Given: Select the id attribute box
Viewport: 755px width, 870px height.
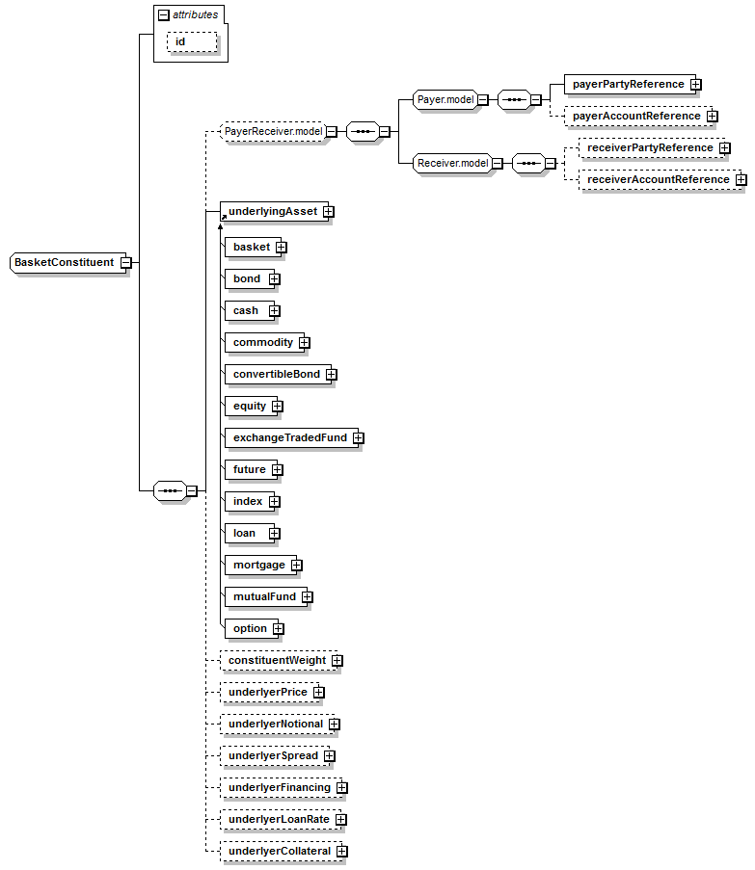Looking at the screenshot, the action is click(192, 42).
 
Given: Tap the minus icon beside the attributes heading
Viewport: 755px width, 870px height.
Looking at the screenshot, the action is click(163, 15).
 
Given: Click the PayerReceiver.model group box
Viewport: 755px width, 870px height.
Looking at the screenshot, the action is click(273, 131).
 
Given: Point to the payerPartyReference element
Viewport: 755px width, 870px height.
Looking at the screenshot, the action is click(630, 85).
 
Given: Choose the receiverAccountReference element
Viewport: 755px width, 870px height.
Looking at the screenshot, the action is click(660, 180).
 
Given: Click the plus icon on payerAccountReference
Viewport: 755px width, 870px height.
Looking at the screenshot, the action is click(713, 116).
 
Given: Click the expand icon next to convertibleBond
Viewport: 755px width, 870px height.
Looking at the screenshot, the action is click(332, 375).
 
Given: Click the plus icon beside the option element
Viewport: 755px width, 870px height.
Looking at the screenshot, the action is click(278, 628).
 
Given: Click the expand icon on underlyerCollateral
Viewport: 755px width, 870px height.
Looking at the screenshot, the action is click(342, 851).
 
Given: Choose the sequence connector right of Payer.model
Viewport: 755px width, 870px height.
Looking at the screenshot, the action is click(514, 100).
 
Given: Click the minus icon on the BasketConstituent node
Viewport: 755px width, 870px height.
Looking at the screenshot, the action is click(126, 262).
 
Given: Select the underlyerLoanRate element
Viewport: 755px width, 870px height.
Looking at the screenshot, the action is click(281, 820).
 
